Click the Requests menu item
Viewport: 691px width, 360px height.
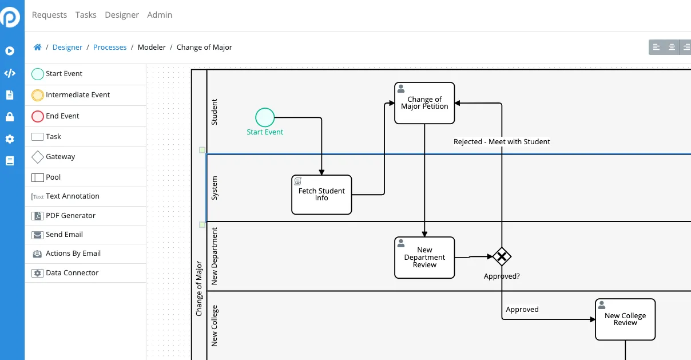pyautogui.click(x=49, y=15)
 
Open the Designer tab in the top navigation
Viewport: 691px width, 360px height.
pyautogui.click(x=122, y=15)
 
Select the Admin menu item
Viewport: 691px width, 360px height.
pyautogui.click(x=160, y=15)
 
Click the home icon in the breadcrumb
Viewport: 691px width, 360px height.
pyautogui.click(x=37, y=48)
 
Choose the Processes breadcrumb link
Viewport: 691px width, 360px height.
pyautogui.click(x=110, y=48)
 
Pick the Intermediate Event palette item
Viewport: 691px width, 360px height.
pyautogui.click(x=70, y=95)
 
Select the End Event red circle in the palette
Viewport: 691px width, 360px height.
pyautogui.click(x=38, y=116)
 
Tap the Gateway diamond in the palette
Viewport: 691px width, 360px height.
pyautogui.click(x=38, y=157)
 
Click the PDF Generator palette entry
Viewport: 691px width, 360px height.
pyautogui.click(x=63, y=216)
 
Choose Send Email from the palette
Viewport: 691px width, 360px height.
pyautogui.click(x=57, y=235)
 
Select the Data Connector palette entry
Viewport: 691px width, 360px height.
pyautogui.click(x=65, y=273)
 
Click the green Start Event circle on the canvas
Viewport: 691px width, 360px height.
pyautogui.click(x=265, y=117)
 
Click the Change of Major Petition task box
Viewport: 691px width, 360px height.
pyautogui.click(x=424, y=103)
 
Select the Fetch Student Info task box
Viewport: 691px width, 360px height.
pyautogui.click(x=321, y=195)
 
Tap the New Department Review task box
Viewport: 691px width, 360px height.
pyautogui.click(x=424, y=258)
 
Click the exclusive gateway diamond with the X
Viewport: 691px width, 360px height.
pyautogui.click(x=502, y=256)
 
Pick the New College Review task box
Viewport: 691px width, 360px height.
pyautogui.click(x=625, y=319)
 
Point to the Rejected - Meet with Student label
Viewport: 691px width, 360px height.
pyautogui.click(x=502, y=142)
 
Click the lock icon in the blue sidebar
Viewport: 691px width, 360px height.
pyautogui.click(x=10, y=117)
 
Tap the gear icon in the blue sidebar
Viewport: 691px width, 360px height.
pyautogui.click(x=10, y=139)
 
